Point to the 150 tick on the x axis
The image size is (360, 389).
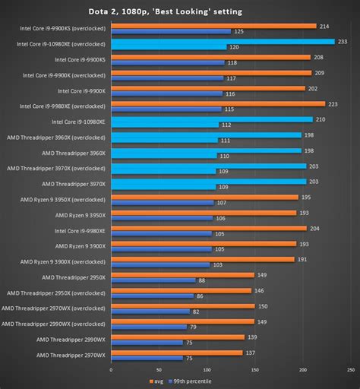coord(254,371)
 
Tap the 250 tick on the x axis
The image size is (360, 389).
coord(350,371)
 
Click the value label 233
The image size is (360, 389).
coord(343,42)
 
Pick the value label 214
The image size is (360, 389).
coord(324,26)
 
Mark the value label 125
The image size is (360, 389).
coord(238,31)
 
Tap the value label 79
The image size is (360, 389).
coord(194,327)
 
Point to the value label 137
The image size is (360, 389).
coord(250,353)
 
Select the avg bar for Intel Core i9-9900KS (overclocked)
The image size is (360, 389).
coord(213,26)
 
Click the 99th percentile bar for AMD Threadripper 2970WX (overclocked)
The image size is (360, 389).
coord(150,312)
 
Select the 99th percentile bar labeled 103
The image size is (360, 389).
coord(159,264)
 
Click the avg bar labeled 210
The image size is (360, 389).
coord(211,119)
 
